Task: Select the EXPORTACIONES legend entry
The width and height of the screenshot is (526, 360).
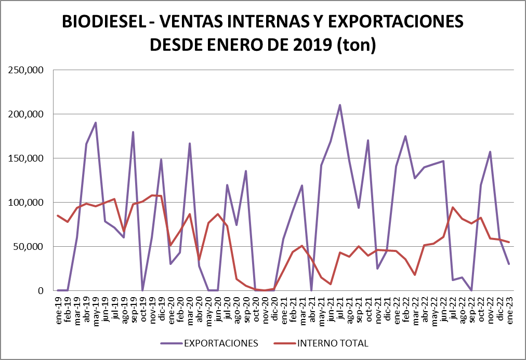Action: (x=220, y=343)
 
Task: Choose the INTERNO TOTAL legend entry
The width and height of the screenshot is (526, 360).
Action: (x=333, y=343)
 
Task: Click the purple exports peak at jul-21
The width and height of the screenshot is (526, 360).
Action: (x=340, y=105)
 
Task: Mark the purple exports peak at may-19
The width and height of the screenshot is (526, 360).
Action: (x=96, y=123)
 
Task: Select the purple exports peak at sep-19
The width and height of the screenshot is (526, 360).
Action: (x=133, y=132)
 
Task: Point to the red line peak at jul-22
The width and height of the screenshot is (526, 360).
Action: (x=453, y=207)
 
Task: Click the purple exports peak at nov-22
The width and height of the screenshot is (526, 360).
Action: (x=490, y=152)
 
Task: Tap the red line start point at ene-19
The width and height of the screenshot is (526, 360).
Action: (x=58, y=216)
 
